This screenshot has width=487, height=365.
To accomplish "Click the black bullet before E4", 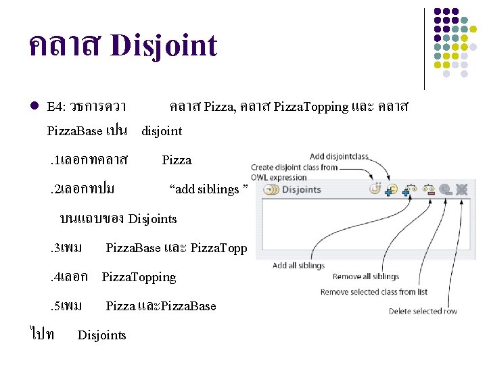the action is point(33,107).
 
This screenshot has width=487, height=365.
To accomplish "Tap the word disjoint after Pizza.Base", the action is point(162,130).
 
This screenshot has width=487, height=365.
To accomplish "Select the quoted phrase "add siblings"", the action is point(208,189).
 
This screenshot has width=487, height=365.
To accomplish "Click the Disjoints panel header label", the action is point(301,189).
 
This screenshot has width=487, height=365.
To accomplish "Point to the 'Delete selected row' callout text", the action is point(423,311).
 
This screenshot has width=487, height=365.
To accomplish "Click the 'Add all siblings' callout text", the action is point(298,266).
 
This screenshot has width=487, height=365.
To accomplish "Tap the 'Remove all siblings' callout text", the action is point(366,276).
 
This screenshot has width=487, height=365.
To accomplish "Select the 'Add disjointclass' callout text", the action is point(339,156).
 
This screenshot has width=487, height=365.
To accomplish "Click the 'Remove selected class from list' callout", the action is point(374,292).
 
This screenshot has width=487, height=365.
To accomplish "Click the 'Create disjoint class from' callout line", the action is point(294,167).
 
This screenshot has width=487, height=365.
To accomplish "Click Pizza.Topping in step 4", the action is point(139,277).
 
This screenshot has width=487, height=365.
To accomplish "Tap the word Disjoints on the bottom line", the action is point(102,335).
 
